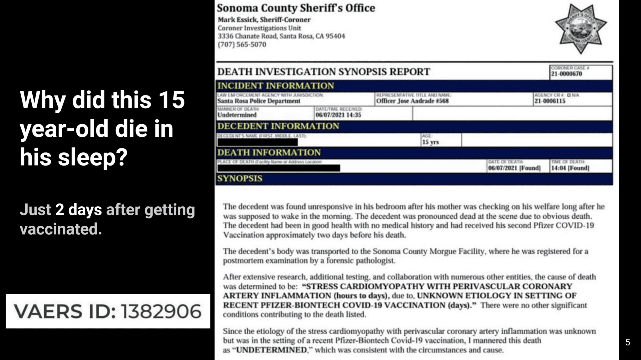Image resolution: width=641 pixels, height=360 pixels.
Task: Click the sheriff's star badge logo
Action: point(581,28)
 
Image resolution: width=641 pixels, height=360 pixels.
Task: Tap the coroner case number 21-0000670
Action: point(567,74)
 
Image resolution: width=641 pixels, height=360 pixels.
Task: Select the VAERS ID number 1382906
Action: point(161,311)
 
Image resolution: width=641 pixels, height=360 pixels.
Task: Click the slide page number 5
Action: point(628,342)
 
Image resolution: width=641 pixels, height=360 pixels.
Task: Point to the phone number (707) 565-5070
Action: point(242,44)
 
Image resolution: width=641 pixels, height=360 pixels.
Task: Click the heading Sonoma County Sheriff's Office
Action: point(296,8)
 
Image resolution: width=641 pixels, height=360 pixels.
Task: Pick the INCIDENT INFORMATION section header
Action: point(276,86)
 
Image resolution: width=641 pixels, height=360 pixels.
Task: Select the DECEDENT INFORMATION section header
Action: point(278,126)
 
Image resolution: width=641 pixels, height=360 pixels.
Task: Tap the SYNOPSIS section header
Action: point(240,178)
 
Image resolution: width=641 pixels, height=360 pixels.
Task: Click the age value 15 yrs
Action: point(430,142)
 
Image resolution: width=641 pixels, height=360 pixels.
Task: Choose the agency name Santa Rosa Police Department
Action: point(259,101)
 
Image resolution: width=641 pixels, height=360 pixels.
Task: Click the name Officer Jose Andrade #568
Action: point(412,101)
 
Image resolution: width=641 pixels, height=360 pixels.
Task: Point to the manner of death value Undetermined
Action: point(237,115)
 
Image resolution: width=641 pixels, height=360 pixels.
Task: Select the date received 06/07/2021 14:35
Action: point(338,115)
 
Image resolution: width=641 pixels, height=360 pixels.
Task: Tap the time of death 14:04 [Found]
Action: point(570,168)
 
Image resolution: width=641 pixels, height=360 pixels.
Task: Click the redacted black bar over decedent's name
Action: point(258,142)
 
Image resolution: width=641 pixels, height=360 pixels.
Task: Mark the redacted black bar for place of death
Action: point(279,168)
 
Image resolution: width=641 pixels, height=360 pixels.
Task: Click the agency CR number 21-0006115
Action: point(550,101)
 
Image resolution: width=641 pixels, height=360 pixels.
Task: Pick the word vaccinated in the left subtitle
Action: point(61,229)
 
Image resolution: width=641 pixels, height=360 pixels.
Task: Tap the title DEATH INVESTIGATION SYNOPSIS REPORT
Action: point(324,72)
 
